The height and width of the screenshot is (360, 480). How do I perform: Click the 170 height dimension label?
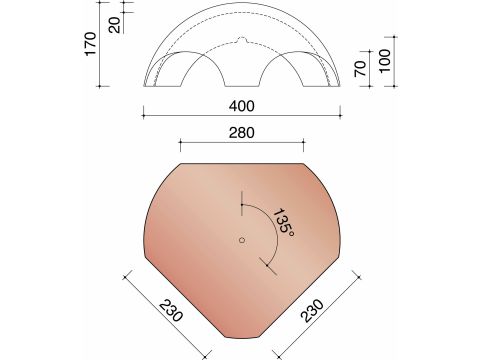[93, 44]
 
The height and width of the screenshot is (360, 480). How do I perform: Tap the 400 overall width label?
[241, 106]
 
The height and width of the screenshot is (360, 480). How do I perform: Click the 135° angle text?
[283, 221]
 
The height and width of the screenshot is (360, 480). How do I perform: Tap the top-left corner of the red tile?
[180, 163]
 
